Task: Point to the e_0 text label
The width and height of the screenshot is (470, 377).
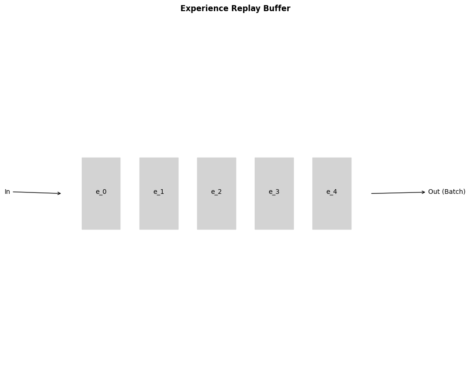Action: tap(101, 192)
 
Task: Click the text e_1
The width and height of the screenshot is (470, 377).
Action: tap(159, 192)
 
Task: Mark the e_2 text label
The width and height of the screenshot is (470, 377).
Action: tap(216, 192)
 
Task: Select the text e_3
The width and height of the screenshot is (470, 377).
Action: tap(274, 192)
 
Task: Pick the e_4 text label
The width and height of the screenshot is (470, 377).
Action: tap(331, 192)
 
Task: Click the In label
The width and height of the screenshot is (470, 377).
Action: tap(7, 192)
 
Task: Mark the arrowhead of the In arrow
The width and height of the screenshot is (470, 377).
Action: tap(59, 193)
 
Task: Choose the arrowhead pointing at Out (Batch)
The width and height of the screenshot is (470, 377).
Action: tap(423, 192)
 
